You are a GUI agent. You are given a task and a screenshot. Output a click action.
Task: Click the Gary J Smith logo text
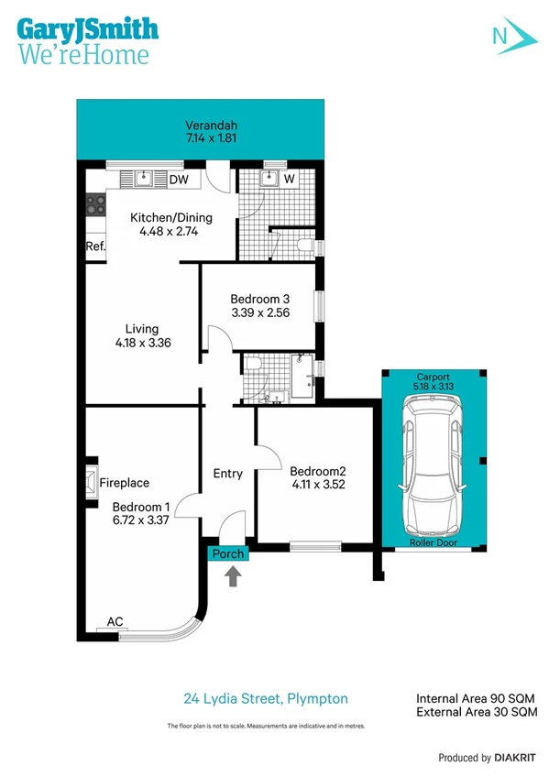(x=87, y=28)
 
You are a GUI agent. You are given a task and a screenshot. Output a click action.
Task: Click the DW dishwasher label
(x=179, y=180)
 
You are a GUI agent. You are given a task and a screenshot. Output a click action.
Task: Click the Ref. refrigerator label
(x=95, y=246)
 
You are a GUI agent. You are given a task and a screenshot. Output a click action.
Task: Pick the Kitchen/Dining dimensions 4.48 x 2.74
(x=170, y=232)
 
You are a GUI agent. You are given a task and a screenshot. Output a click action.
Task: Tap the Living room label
(x=142, y=329)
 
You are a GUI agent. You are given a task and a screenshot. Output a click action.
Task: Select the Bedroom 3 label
(x=259, y=299)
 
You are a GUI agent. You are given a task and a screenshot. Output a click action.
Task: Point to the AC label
(x=115, y=621)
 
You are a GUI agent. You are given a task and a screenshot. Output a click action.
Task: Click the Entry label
(x=227, y=474)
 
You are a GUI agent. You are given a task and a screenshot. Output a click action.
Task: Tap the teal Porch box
(x=227, y=553)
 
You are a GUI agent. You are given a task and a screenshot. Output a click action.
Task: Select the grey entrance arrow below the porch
(x=234, y=576)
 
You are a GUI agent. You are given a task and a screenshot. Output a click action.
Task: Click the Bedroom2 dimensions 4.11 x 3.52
(x=318, y=485)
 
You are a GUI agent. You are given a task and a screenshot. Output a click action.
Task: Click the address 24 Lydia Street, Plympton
(x=266, y=698)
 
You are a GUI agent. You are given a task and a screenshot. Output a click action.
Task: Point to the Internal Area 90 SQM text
(x=475, y=697)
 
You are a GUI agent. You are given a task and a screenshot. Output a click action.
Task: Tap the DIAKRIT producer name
(x=508, y=758)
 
